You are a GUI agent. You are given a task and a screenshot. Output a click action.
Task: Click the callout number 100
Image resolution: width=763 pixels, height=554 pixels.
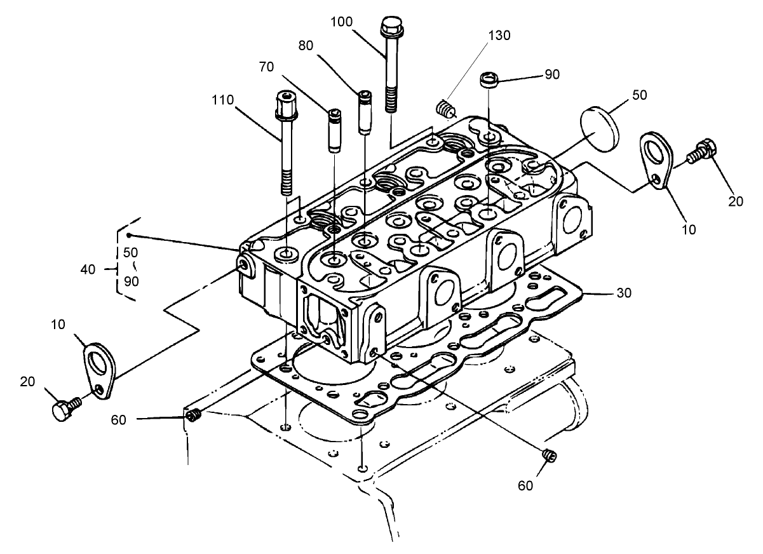point(342,22)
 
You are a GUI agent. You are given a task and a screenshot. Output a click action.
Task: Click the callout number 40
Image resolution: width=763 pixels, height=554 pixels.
point(88,269)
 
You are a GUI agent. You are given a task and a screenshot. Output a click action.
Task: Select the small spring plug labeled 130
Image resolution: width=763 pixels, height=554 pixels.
point(447,109)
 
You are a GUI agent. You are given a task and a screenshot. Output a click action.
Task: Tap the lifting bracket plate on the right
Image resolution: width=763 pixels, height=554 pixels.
point(654,159)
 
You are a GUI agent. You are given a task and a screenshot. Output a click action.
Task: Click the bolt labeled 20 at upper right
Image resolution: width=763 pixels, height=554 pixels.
point(701,151)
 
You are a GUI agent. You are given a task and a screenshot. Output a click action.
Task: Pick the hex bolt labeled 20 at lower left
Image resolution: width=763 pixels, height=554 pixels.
point(63,410)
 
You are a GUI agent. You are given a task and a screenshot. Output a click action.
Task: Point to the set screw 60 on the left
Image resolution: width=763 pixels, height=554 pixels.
point(192,416)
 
